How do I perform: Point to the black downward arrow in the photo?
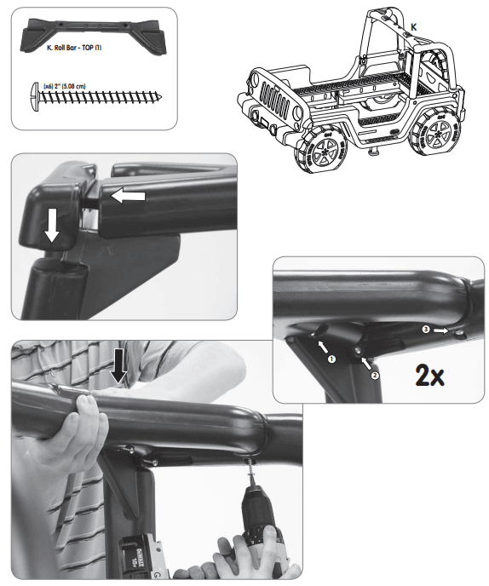click(x=119, y=365)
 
